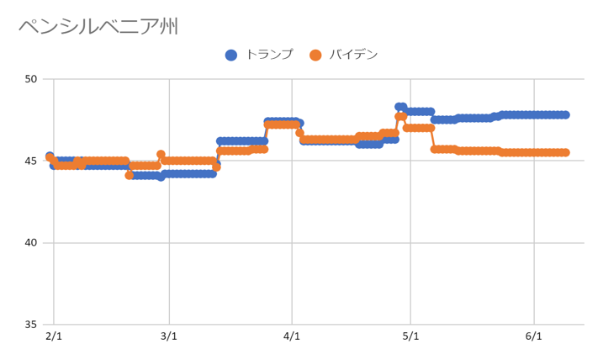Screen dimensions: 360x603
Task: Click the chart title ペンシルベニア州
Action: [98, 27]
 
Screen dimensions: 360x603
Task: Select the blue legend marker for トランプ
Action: [231, 56]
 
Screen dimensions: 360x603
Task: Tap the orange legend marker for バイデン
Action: [315, 56]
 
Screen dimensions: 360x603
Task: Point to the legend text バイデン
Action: [353, 56]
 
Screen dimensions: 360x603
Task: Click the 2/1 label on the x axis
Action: [53, 337]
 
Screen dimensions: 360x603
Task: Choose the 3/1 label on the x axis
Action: [169, 337]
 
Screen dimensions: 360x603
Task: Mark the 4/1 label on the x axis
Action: [292, 337]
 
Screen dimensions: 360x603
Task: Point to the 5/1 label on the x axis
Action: [410, 337]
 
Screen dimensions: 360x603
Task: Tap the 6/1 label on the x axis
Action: [533, 337]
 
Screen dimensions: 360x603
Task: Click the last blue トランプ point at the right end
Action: [565, 114]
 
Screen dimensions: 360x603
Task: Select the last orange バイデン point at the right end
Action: [565, 152]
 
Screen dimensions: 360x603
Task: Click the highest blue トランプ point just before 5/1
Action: [399, 107]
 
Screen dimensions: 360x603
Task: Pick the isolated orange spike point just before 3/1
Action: [161, 155]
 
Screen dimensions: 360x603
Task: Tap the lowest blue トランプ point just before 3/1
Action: [161, 177]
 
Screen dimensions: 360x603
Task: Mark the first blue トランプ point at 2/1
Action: [50, 156]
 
